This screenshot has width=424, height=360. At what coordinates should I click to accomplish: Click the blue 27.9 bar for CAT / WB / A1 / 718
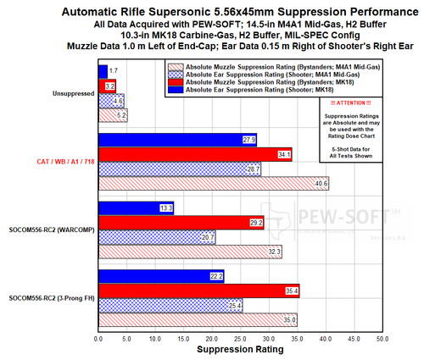click(177, 140)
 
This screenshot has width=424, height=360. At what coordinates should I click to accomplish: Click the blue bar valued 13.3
click(136, 208)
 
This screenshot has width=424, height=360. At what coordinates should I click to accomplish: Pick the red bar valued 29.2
click(181, 223)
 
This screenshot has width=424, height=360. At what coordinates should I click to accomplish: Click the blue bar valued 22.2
click(161, 276)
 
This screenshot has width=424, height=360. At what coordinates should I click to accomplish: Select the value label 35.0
click(289, 319)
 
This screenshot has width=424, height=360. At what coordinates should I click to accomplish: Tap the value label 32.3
click(274, 252)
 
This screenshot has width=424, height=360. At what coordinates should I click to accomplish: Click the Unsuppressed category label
click(74, 95)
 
